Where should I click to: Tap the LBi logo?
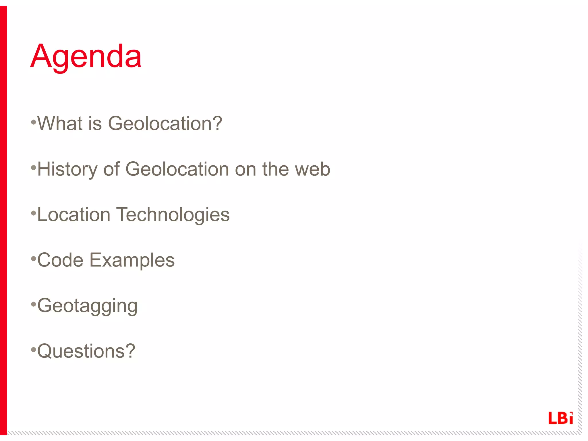pos(560,418)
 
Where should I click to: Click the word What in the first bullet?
pos(60,123)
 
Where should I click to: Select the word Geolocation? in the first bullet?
pos(165,123)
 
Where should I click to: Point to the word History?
pos(67,169)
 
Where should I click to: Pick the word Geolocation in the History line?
pos(177,169)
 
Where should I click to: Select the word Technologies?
pos(173,215)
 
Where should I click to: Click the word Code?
pos(60,260)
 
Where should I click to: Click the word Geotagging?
pos(88,306)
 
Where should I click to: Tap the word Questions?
pos(86,351)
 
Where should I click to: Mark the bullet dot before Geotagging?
pos(34,304)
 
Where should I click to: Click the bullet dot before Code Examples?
pos(34,258)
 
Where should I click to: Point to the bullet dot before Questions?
pos(34,349)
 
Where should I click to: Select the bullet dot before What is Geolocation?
pos(34,122)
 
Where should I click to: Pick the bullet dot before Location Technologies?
pos(34,213)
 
